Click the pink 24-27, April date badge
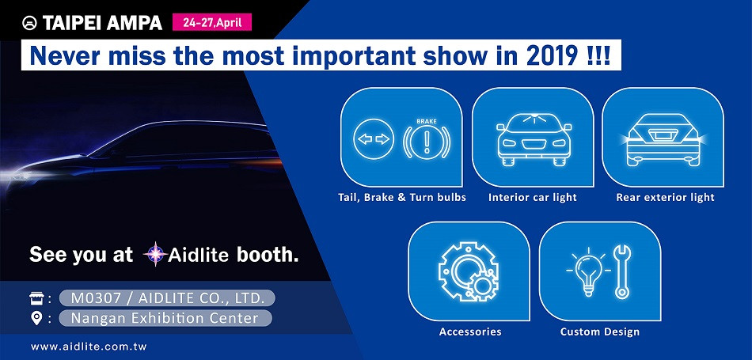click(212, 22)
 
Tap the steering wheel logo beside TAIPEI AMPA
click(30, 23)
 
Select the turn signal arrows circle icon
click(374, 139)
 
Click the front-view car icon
click(534, 140)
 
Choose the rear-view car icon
click(663, 140)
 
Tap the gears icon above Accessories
click(469, 271)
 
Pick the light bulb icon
click(588, 272)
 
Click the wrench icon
click(622, 272)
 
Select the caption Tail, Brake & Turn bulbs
click(402, 198)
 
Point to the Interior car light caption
click(533, 198)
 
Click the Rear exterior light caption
click(665, 198)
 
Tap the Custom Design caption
click(599, 332)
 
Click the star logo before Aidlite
click(155, 254)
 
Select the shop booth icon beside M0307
click(36, 298)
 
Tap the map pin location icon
click(36, 318)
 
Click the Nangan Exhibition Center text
click(165, 318)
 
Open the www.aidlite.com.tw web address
click(89, 347)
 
